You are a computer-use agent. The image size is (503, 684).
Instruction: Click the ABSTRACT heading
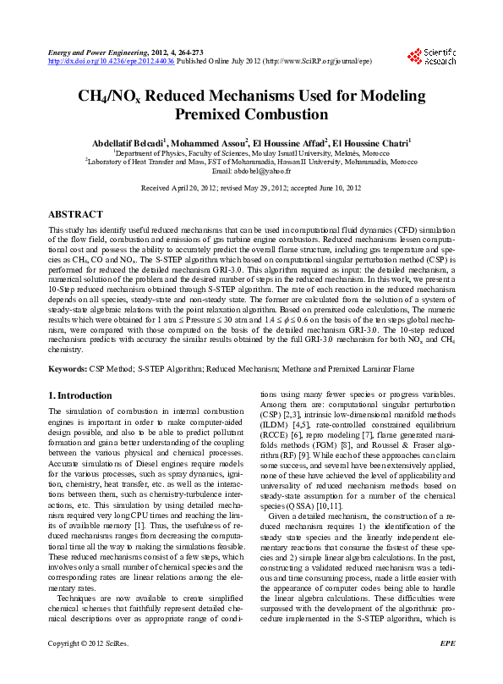(76, 215)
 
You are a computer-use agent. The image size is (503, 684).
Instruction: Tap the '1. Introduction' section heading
(79, 395)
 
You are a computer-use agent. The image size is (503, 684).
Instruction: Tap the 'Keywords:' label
(68, 369)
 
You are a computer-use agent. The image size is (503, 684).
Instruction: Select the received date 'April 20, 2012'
(193, 187)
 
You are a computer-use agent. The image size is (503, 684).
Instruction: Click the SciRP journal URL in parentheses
(317, 62)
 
